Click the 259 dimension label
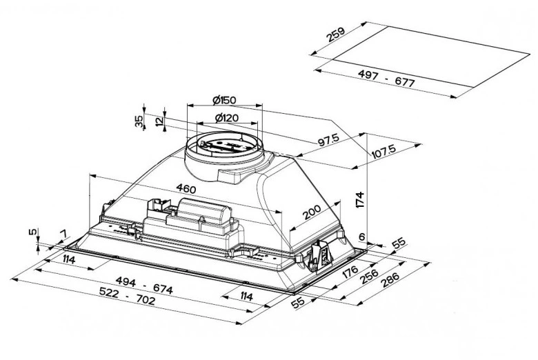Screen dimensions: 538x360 click(336, 34)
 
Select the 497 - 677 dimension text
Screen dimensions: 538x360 click(386, 78)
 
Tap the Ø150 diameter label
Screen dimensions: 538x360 click(224, 100)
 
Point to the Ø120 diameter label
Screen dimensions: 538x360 click(226, 118)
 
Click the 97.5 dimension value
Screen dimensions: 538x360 click(328, 140)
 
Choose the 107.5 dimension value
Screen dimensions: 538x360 click(383, 151)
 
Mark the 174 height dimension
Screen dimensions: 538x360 click(359, 199)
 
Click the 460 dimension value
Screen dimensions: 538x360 click(186, 188)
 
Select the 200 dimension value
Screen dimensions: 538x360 click(312, 212)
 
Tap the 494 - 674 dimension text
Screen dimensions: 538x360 click(144, 285)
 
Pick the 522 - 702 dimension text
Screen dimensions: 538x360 click(127, 296)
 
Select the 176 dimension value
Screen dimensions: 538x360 click(350, 272)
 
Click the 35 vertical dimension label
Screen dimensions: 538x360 click(139, 121)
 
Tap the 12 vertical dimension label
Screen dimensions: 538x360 click(159, 121)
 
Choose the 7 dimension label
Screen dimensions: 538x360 click(63, 234)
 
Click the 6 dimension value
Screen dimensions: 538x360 click(361, 237)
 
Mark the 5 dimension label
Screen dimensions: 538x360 click(32, 232)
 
